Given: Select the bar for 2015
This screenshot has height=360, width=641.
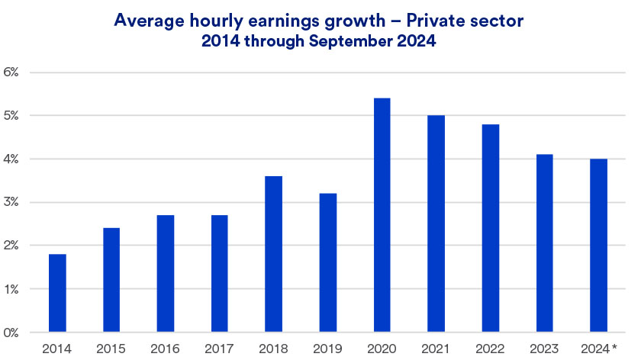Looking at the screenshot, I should click(x=111, y=280).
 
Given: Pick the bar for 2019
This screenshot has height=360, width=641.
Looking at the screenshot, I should click(x=328, y=262).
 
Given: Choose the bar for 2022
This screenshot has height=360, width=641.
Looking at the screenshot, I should click(x=491, y=228).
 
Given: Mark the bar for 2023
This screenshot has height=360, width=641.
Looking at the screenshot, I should click(x=545, y=243).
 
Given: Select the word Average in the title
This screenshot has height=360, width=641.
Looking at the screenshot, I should click(x=145, y=21).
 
